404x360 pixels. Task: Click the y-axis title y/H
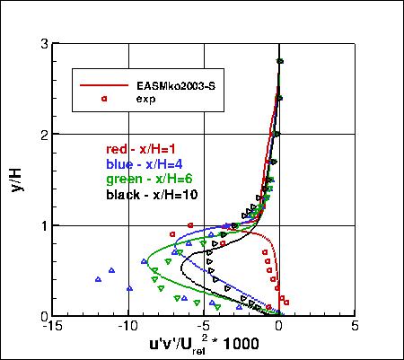pyautogui.click(x=18, y=178)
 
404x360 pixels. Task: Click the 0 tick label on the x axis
pyautogui.click(x=279, y=327)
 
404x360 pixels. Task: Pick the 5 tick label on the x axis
pyautogui.click(x=356, y=327)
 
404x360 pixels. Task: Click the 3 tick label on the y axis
pyautogui.click(x=43, y=43)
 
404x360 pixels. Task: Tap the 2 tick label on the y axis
pyautogui.click(x=43, y=134)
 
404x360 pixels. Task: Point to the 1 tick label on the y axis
pyautogui.click(x=43, y=225)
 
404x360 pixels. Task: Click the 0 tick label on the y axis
pyautogui.click(x=43, y=316)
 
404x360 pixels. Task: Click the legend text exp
pyautogui.click(x=146, y=99)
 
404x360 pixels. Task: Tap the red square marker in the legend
pyautogui.click(x=104, y=99)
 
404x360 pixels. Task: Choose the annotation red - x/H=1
pyautogui.click(x=142, y=150)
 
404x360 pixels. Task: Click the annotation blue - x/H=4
pyautogui.click(x=145, y=164)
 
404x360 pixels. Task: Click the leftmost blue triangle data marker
pyautogui.click(x=99, y=280)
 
